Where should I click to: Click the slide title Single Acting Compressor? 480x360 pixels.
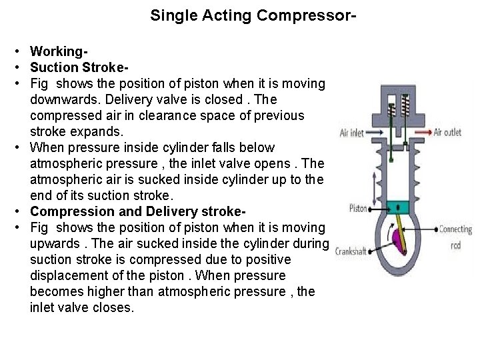(x=253, y=15)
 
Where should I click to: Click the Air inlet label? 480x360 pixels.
(x=351, y=133)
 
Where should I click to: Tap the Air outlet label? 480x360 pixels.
(x=447, y=132)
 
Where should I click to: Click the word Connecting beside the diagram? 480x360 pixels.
(x=455, y=230)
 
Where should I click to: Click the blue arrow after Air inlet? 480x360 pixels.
(x=376, y=133)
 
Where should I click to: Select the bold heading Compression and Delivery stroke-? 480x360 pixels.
(x=138, y=211)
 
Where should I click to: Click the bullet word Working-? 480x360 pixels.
(x=59, y=51)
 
